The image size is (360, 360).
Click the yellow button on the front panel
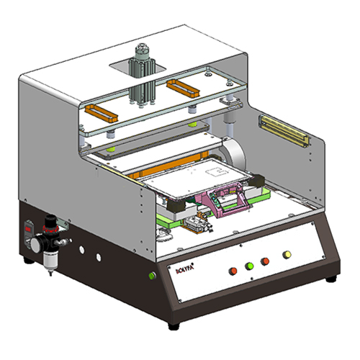[287, 255]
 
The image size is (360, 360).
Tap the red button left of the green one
[233, 271]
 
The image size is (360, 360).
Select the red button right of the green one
[266, 261]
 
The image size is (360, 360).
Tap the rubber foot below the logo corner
[173, 325]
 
